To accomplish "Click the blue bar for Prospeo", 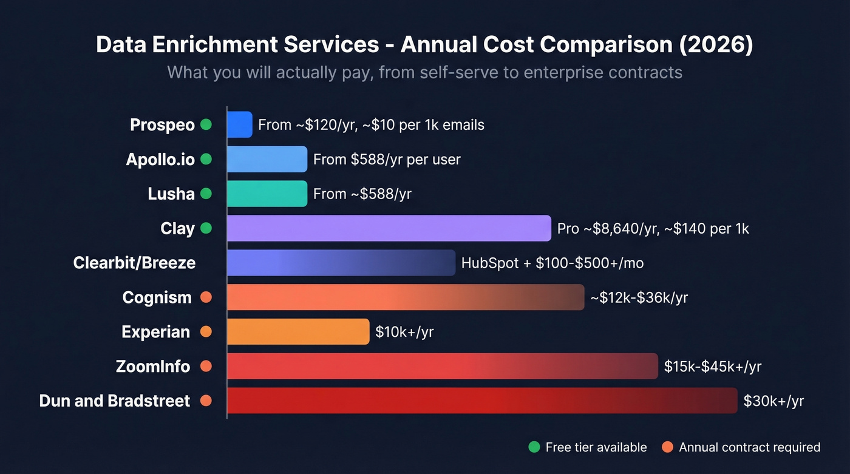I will click(239, 124).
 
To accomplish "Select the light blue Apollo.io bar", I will click(267, 159).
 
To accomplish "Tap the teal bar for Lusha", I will click(267, 194).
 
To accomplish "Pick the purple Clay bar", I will click(389, 228).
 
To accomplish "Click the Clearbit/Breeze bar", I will click(341, 263).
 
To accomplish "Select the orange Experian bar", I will click(298, 332).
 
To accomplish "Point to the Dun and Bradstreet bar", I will click(482, 401).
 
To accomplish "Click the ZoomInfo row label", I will click(153, 367).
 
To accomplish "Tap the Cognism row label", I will click(157, 297).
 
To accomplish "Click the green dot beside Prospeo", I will click(206, 125).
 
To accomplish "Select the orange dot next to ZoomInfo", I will click(206, 367).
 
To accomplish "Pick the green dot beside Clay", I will click(206, 228).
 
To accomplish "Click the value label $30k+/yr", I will click(773, 401).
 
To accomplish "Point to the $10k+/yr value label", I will click(404, 332).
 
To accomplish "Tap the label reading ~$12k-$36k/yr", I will click(639, 297).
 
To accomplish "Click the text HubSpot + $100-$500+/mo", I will click(552, 263).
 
